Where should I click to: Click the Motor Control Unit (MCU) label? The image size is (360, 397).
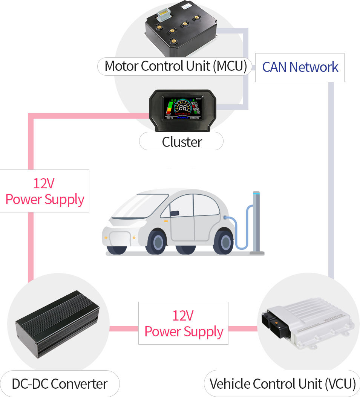[176, 66]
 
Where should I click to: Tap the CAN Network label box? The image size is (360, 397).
[300, 67]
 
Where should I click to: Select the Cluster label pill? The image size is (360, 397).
[181, 142]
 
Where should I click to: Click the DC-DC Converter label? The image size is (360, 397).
[60, 384]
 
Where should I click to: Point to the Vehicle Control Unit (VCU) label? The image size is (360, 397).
[282, 384]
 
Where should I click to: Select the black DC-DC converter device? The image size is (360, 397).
[57, 324]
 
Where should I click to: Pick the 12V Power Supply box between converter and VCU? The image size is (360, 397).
[183, 323]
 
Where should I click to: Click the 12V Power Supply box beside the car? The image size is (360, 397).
[44, 191]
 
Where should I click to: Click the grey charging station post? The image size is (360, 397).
[257, 222]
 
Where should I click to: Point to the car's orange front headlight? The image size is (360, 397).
[107, 238]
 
